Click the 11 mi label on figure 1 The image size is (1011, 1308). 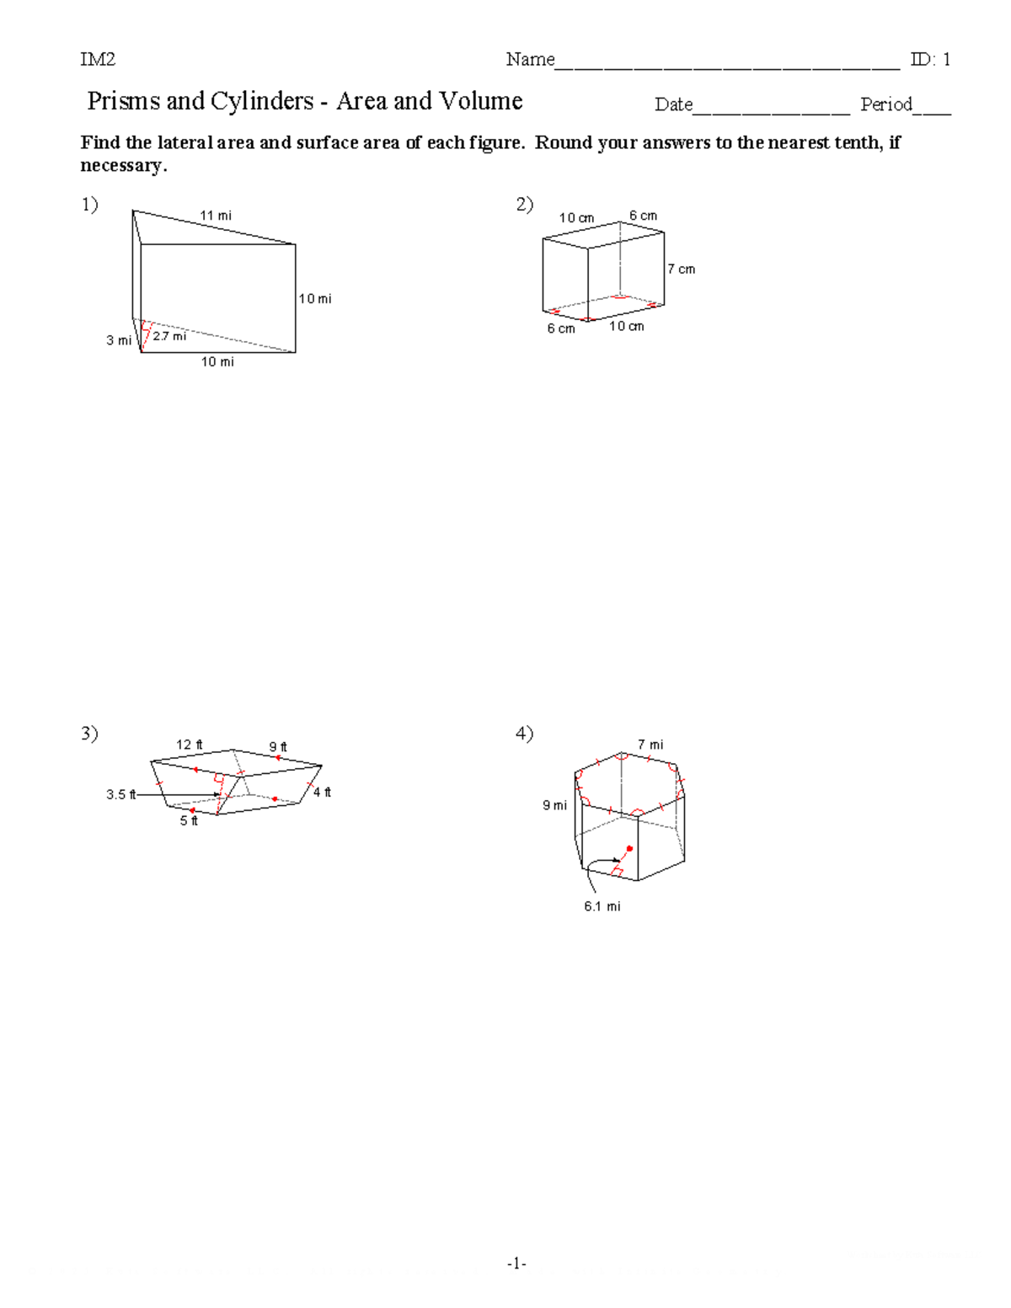215,216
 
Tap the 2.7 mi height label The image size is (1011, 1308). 169,336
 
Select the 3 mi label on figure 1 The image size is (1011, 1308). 118,340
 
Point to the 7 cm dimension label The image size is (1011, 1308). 681,270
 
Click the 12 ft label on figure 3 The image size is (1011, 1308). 189,745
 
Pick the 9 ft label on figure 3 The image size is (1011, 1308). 278,747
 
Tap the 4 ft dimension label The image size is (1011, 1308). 322,793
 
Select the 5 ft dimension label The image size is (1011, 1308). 189,821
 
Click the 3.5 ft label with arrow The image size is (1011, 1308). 120,794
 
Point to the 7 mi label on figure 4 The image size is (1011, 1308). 650,745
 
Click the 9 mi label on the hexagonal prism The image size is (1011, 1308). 554,806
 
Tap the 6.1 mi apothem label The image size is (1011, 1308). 602,906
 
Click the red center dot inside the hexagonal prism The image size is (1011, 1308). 629,848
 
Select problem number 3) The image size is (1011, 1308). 89,734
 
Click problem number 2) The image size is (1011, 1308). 524,205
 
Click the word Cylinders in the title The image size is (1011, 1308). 261,101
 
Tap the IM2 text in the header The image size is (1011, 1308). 98,59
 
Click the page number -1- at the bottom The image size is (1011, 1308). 516,1263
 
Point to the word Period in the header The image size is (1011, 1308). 885,104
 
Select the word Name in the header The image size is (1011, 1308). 530,59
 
